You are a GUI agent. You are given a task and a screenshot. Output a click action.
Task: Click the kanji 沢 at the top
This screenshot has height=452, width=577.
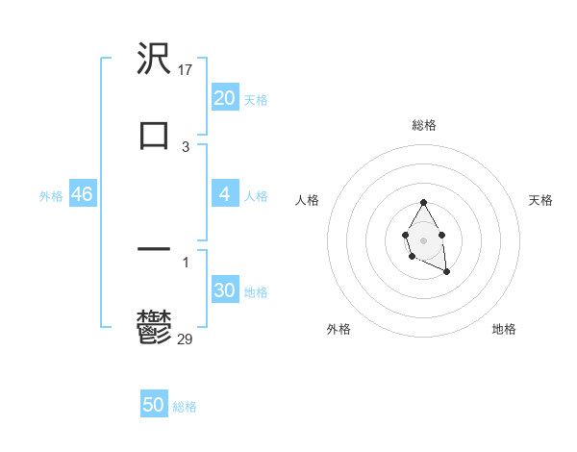click(154, 60)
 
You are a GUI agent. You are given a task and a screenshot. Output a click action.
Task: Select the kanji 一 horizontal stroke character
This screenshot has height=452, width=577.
click(154, 249)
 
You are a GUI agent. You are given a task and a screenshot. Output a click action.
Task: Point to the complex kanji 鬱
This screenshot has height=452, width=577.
click(154, 326)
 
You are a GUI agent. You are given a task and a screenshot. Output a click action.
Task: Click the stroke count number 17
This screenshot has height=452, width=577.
click(187, 70)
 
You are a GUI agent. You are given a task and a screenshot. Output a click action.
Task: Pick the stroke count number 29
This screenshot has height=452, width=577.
click(186, 339)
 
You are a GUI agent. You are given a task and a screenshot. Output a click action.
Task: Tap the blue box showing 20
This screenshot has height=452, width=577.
click(225, 98)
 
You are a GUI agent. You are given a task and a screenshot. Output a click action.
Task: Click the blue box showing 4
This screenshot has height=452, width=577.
click(225, 194)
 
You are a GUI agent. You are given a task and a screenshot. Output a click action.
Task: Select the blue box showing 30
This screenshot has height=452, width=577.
click(225, 290)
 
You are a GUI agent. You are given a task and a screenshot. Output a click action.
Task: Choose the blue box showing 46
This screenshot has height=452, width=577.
click(83, 194)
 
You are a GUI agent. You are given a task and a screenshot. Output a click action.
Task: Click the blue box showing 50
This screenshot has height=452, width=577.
click(154, 405)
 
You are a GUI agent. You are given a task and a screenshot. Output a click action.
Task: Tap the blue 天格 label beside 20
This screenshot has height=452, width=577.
click(256, 99)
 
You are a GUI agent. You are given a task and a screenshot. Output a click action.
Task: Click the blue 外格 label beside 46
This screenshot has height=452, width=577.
click(51, 195)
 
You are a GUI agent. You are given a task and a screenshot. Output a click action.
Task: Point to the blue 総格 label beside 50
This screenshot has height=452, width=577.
click(185, 407)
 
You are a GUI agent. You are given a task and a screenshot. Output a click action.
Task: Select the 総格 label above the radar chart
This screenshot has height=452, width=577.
click(423, 125)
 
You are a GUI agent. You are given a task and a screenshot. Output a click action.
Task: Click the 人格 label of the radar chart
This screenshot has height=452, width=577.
click(307, 200)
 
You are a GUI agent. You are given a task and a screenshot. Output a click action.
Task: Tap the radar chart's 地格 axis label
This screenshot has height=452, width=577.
click(504, 330)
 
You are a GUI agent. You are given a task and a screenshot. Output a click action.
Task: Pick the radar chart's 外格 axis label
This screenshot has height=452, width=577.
click(339, 330)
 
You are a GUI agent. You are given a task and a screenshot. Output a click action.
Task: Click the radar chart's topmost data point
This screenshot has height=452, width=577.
click(423, 202)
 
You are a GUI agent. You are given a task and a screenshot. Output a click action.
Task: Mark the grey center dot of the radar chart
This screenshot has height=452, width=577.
click(423, 239)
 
